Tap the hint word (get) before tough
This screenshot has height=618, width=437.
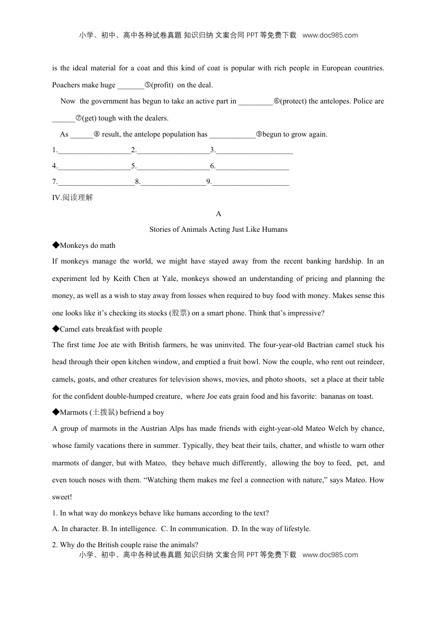pyautogui.click(x=89, y=118)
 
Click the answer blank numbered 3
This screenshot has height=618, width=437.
pyautogui.click(x=254, y=150)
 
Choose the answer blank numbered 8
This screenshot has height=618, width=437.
pyautogui.click(x=173, y=182)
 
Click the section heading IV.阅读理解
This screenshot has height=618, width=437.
pyautogui.click(x=73, y=198)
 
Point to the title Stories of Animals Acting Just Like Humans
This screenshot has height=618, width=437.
pyautogui.click(x=218, y=229)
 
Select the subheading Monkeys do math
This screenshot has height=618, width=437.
pyautogui.click(x=84, y=246)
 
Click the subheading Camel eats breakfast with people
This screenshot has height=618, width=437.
pyautogui.click(x=107, y=329)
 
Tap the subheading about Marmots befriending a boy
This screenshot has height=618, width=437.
pyautogui.click(x=108, y=412)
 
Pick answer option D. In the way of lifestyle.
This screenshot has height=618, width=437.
pyautogui.click(x=271, y=529)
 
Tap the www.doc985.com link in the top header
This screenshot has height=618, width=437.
pyautogui.click(x=330, y=35)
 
